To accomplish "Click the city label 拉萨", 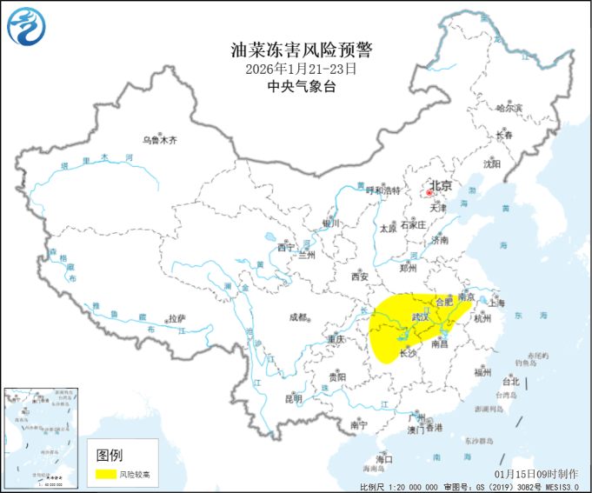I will click(x=177, y=318).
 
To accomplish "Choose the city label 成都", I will click(x=296, y=317).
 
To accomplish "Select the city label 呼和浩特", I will click(x=383, y=191).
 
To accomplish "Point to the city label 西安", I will click(x=360, y=277).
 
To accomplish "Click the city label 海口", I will click(x=384, y=458).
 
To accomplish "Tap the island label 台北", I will click(x=509, y=381).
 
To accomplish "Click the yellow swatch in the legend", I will click(x=106, y=474).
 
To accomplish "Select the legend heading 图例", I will click(x=110, y=455).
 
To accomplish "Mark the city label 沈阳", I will click(x=493, y=163).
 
